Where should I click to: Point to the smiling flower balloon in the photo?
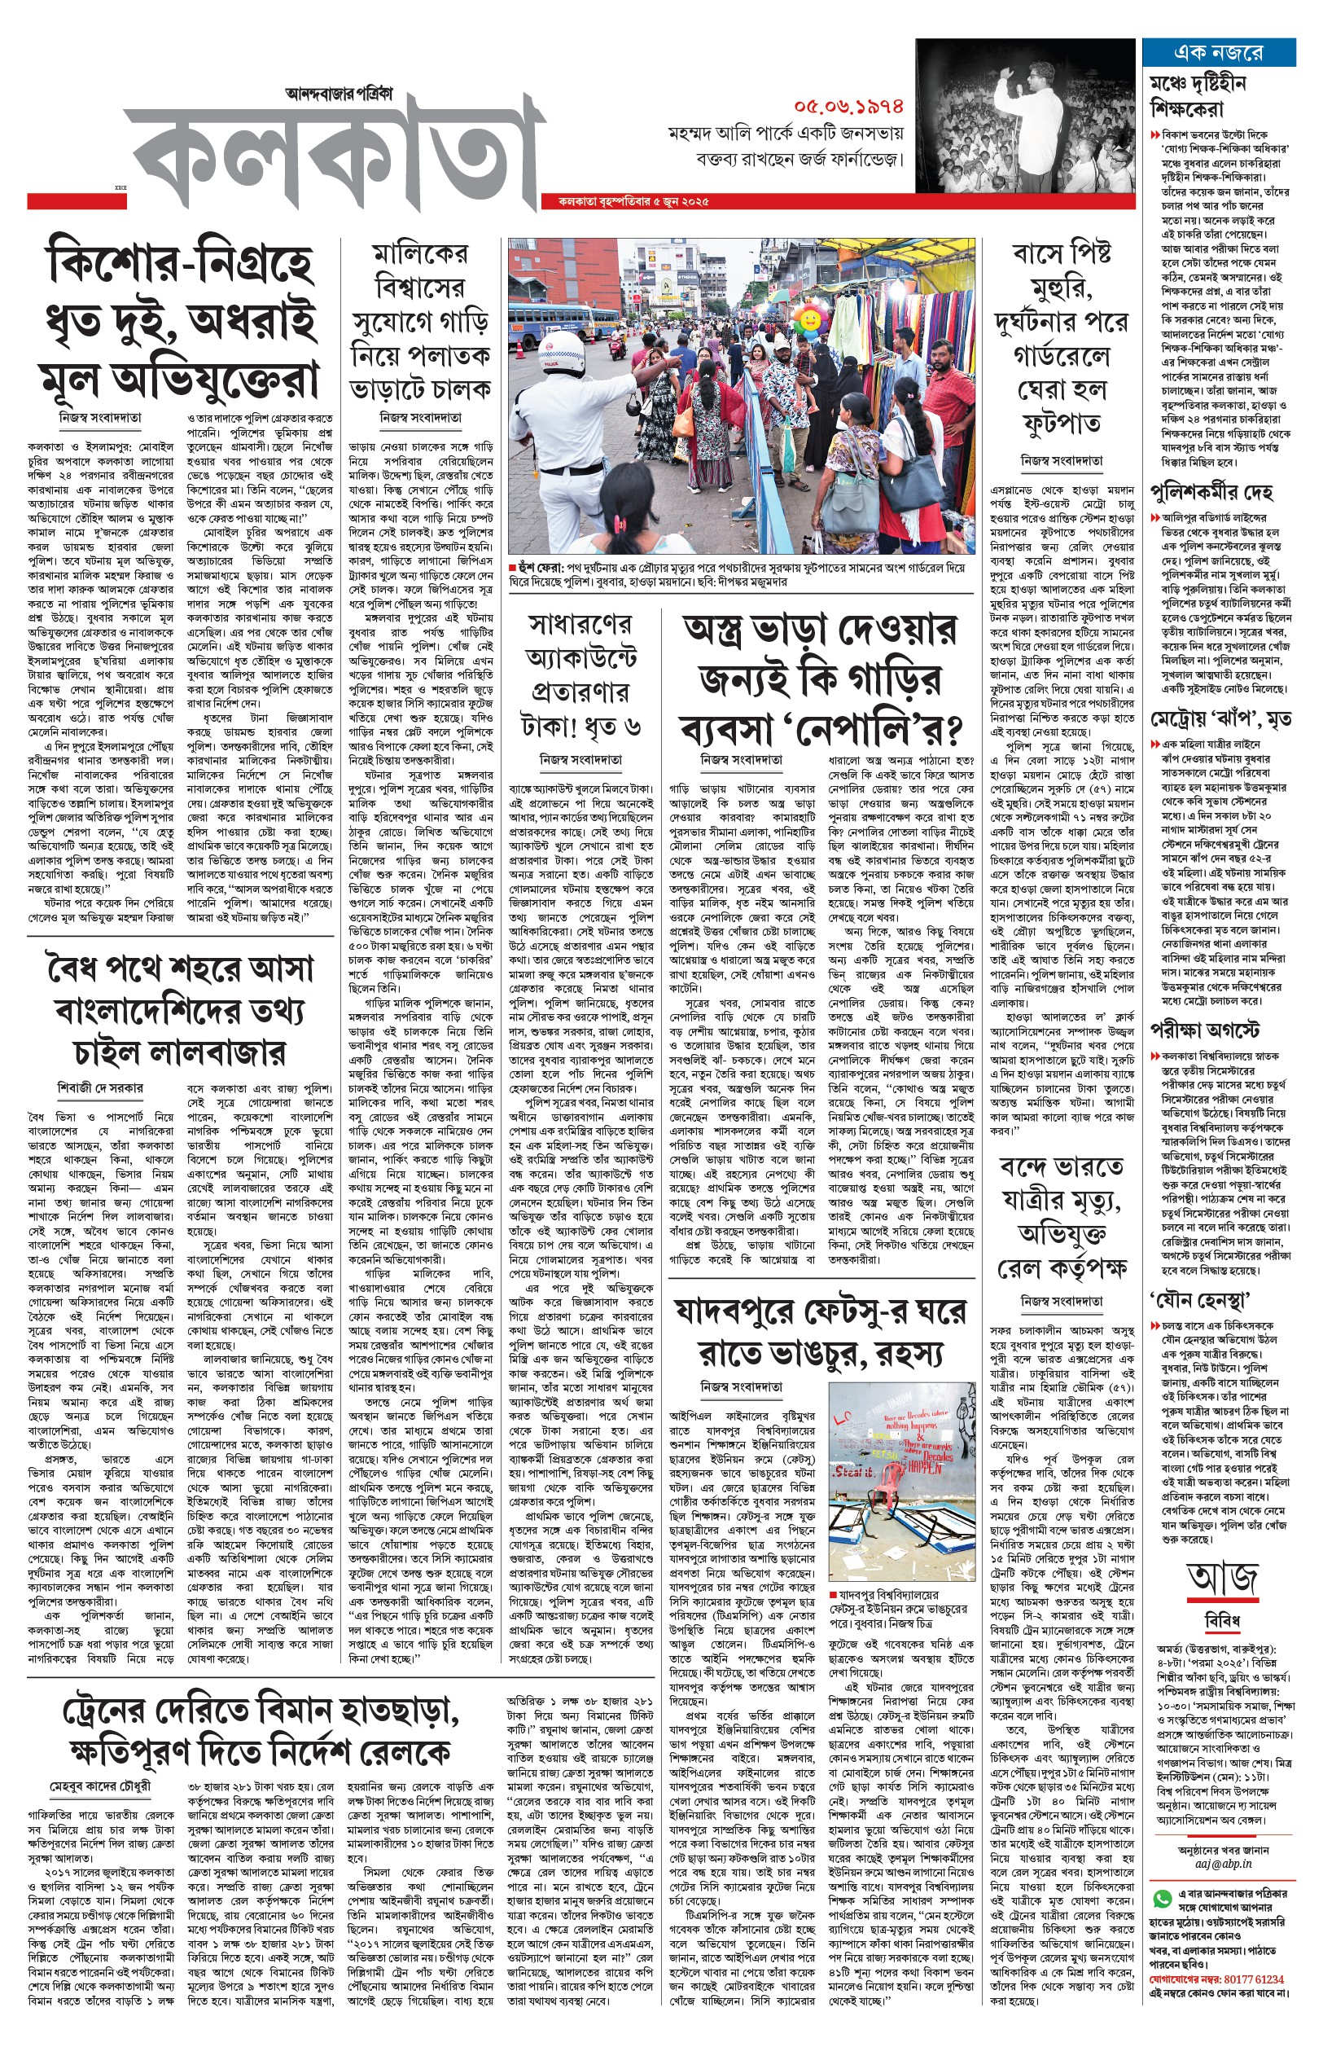[808, 318]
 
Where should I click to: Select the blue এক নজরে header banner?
[1218, 52]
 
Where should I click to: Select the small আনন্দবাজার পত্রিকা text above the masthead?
[339, 93]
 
